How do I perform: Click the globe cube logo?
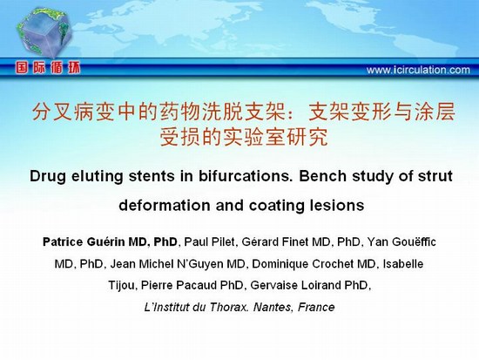point(44,33)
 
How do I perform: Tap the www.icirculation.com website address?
point(418,70)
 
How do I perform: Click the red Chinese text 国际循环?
point(48,68)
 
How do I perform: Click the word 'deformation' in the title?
point(165,205)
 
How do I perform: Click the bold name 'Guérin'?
point(105,242)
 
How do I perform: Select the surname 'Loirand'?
point(320,285)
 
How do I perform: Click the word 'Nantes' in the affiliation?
point(273,307)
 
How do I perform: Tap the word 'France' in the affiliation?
point(316,307)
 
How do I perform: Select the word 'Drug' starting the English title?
point(48,176)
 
